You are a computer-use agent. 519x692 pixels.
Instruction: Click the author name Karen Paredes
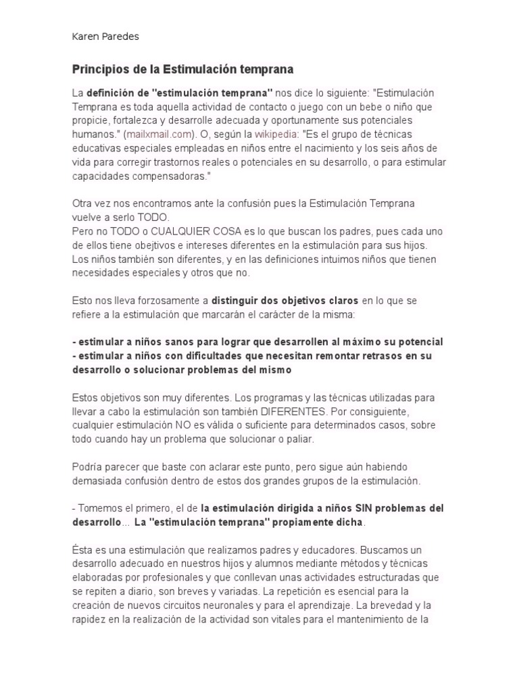pyautogui.click(x=105, y=37)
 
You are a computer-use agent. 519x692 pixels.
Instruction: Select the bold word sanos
pyautogui.click(x=172, y=342)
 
